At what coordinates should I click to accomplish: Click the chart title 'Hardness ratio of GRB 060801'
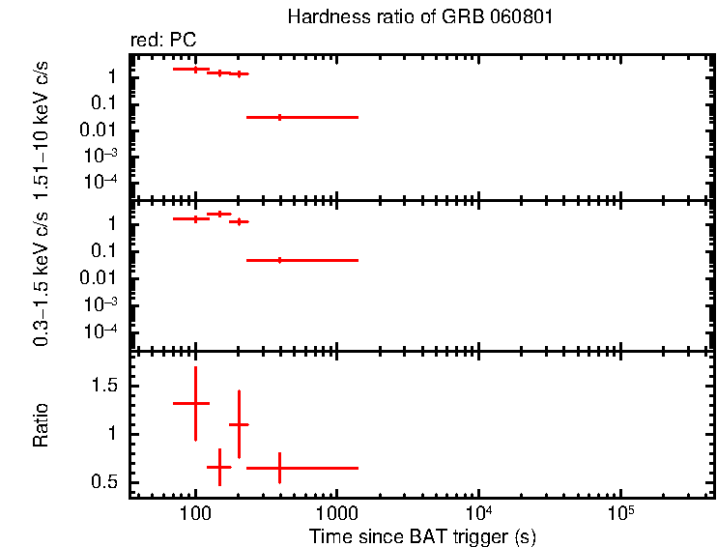click(x=418, y=18)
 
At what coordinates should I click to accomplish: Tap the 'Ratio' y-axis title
click(x=42, y=424)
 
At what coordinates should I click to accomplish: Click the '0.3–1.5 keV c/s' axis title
click(x=42, y=275)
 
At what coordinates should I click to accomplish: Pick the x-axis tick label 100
click(x=195, y=512)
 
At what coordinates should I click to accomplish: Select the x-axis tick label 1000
click(x=336, y=512)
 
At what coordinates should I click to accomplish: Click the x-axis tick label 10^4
click(x=477, y=511)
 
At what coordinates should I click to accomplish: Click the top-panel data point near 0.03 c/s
click(x=280, y=117)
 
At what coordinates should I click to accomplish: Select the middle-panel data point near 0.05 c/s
click(x=280, y=260)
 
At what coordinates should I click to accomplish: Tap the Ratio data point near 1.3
click(x=195, y=403)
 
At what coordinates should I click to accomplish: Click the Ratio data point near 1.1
click(x=239, y=424)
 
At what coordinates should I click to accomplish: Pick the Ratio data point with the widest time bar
click(x=280, y=468)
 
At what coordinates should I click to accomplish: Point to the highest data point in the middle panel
click(x=219, y=214)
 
